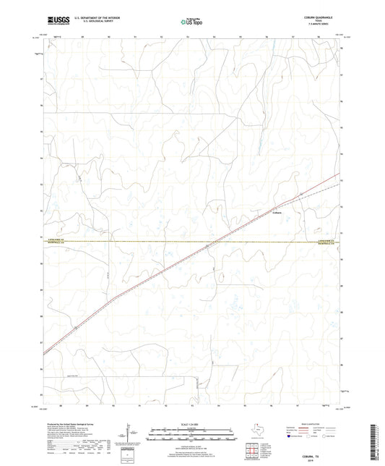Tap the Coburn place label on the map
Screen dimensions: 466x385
click(277, 212)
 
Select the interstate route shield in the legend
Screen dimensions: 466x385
click(291, 436)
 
